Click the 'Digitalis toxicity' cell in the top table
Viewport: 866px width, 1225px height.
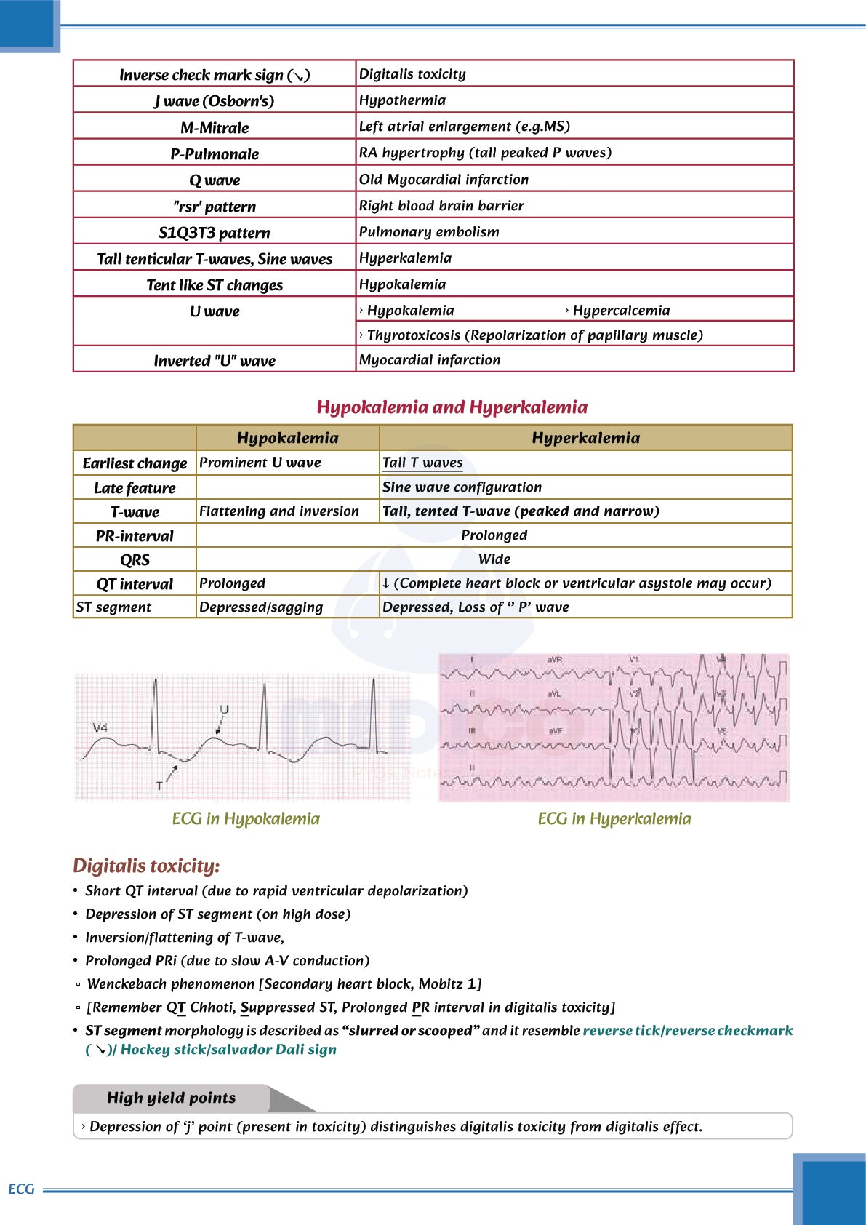coord(412,74)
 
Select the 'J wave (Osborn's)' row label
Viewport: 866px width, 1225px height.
coord(215,101)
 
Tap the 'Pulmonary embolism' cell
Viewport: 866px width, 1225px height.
coord(429,232)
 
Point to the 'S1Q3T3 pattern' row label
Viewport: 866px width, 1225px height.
coord(215,233)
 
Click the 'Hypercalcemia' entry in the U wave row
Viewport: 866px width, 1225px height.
coord(621,311)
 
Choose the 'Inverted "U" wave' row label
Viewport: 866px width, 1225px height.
coord(215,361)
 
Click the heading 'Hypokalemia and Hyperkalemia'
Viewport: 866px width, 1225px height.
coord(452,407)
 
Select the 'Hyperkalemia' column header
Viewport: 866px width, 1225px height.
coord(585,438)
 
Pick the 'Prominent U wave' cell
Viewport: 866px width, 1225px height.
coord(260,463)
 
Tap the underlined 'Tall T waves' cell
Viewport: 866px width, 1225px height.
coord(422,463)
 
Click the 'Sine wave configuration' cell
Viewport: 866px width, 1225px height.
coord(462,487)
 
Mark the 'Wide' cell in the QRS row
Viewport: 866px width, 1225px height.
coord(494,559)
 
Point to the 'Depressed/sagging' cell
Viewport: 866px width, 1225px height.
coord(261,607)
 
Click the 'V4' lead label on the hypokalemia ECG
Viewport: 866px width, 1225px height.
coord(100,727)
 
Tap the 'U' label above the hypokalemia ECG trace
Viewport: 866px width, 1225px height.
coord(224,710)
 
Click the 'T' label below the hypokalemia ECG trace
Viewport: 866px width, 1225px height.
coord(159,786)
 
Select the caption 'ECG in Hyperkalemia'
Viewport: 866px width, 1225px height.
coord(614,819)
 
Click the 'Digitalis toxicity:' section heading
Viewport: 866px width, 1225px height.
coord(146,866)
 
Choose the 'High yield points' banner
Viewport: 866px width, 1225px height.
coord(172,1098)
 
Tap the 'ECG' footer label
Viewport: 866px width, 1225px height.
coord(21,1189)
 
